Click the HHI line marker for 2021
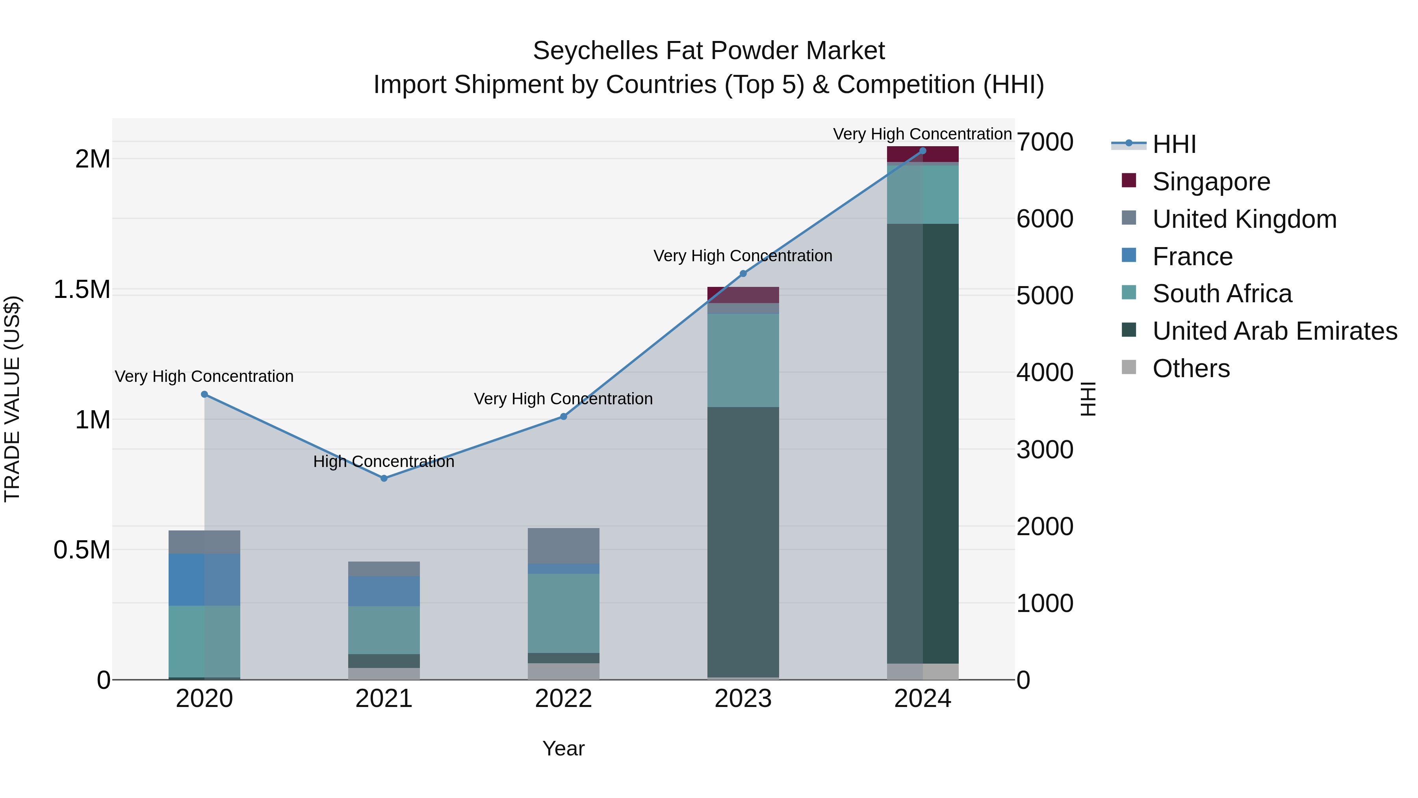(x=384, y=478)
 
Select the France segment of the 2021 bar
(x=384, y=591)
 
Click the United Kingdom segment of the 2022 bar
(x=563, y=545)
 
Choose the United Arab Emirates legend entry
(x=1274, y=331)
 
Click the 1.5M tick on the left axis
(x=82, y=289)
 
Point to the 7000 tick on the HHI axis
(x=1044, y=142)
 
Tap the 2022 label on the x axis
(x=563, y=698)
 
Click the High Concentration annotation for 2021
(x=384, y=461)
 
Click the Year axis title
(x=563, y=748)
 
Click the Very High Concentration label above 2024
(x=922, y=134)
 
